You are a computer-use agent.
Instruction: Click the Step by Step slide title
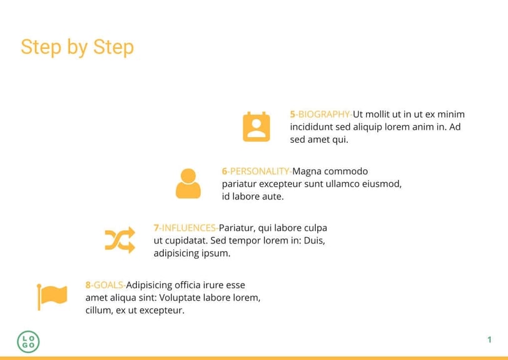point(77,48)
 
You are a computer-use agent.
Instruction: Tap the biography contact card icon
point(257,127)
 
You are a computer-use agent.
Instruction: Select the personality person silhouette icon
point(188,183)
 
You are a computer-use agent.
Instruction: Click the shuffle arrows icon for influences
point(120,240)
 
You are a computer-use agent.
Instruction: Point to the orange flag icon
point(52,297)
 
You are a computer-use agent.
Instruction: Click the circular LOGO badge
point(28,342)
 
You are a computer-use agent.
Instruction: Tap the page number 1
point(489,339)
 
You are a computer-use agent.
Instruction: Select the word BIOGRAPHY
point(323,114)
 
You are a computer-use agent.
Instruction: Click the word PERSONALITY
point(259,172)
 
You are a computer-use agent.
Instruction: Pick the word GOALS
point(108,285)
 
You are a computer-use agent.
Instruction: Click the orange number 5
point(293,114)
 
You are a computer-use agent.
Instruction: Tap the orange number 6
point(225,172)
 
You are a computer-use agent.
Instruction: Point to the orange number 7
point(156,228)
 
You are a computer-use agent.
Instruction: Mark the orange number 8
point(88,285)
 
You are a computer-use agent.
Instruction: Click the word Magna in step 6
point(307,172)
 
